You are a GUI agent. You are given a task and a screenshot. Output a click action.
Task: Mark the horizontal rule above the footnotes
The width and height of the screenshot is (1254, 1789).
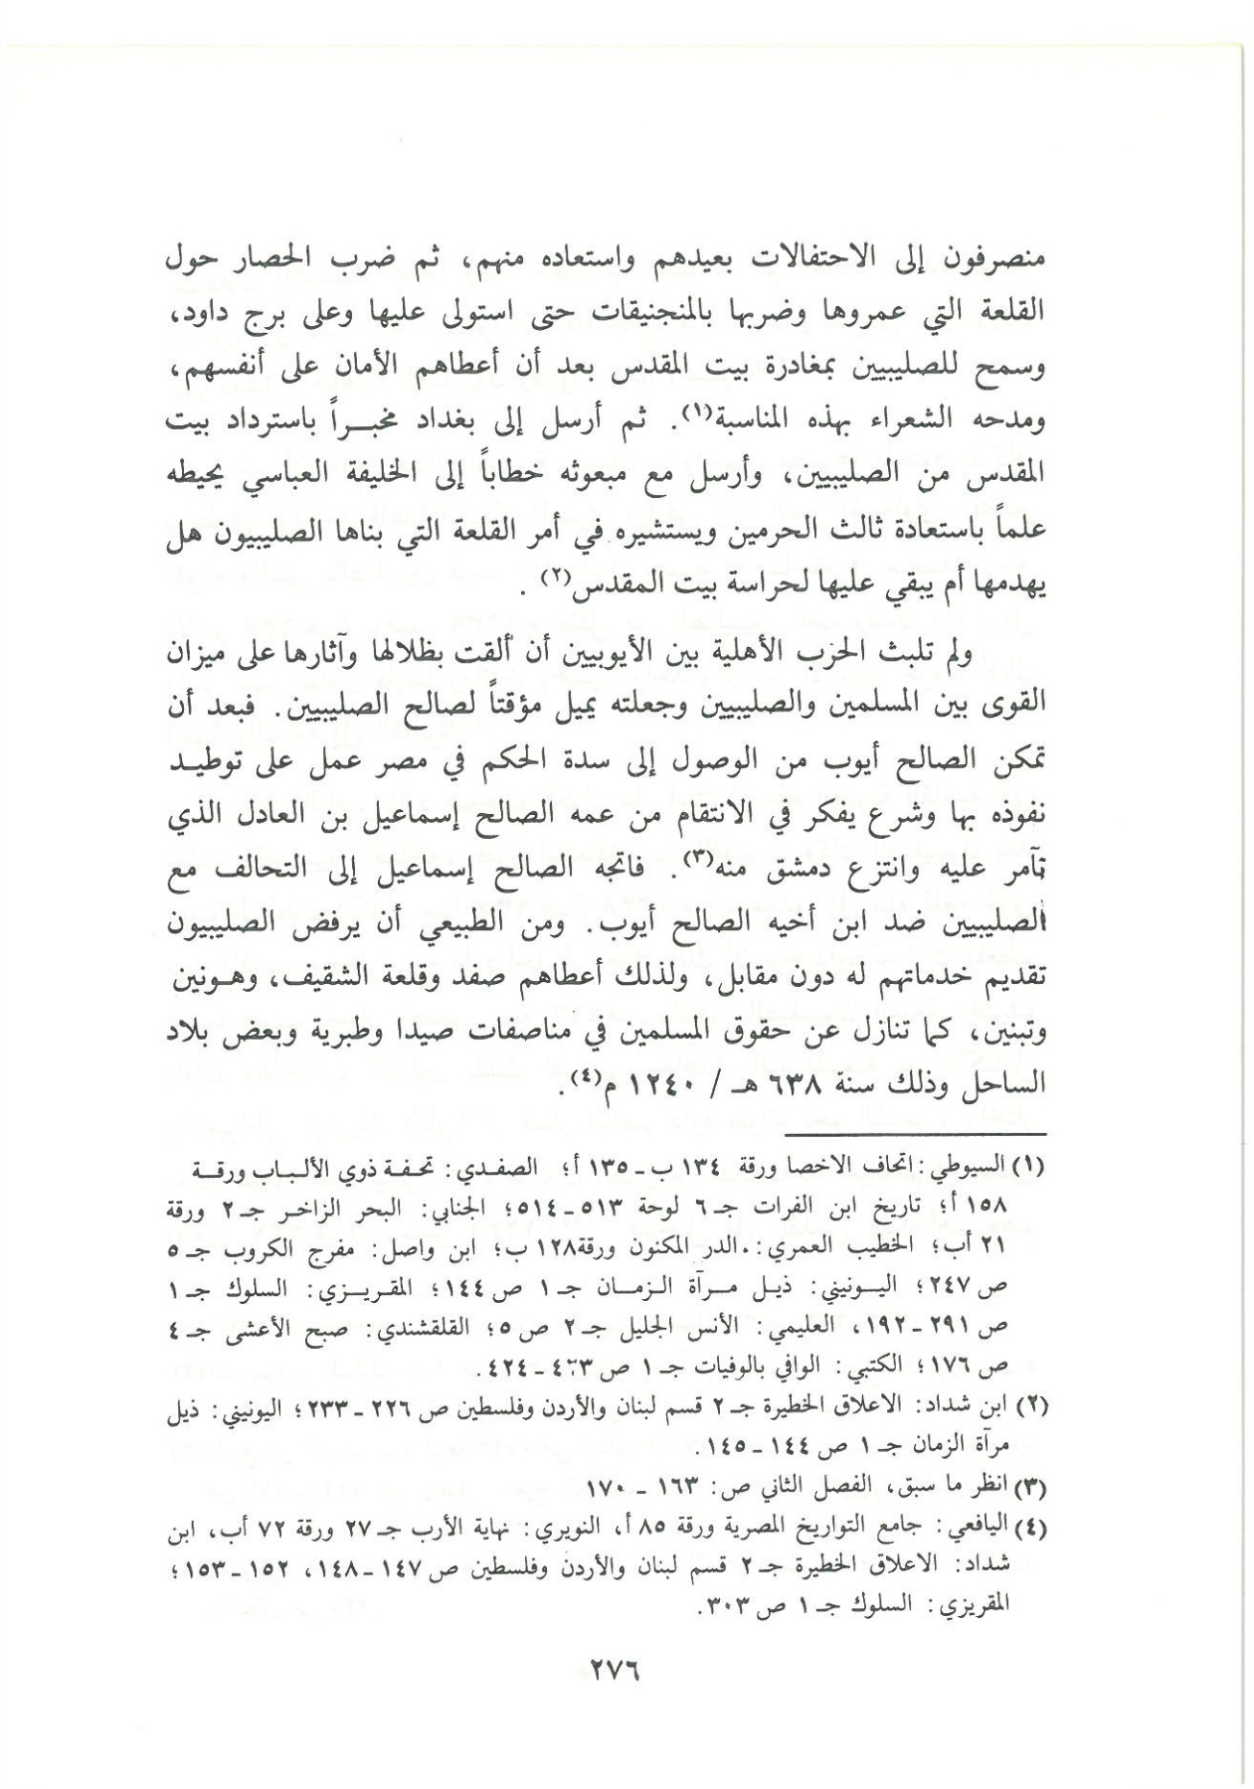coord(914,1134)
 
